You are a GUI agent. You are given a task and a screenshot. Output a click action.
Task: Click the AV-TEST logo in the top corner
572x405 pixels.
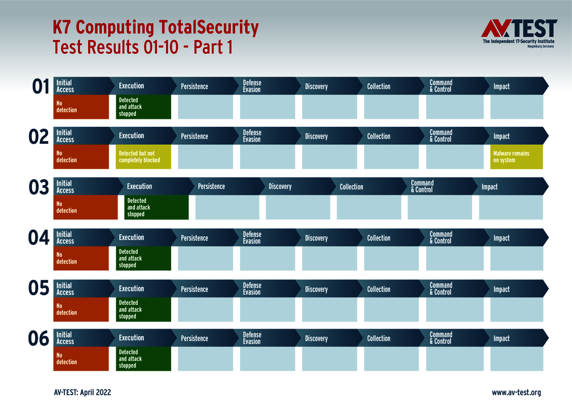tap(519, 33)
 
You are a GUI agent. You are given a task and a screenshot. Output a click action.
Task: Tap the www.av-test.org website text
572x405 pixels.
tap(516, 393)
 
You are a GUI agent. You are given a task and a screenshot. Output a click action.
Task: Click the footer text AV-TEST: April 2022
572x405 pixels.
tap(82, 393)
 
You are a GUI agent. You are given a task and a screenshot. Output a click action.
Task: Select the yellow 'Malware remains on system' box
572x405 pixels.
tap(516, 157)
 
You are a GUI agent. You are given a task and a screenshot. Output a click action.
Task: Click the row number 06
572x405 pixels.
tap(38, 340)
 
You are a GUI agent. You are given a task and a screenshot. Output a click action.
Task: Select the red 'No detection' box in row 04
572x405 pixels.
tap(81, 258)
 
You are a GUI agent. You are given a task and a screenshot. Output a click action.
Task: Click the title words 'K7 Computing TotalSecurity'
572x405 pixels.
tap(155, 27)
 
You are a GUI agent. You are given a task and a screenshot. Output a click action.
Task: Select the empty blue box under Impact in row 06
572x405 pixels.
tap(516, 358)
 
